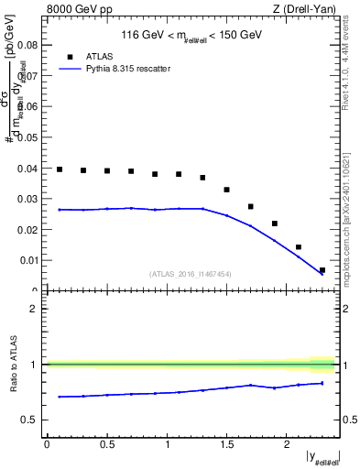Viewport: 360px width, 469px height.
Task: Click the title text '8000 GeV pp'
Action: tap(71, 9)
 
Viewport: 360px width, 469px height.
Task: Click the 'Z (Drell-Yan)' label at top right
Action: tap(309, 9)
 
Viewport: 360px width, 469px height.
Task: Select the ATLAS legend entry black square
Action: tap(69, 55)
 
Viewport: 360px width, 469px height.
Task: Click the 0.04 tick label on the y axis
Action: tap(28, 168)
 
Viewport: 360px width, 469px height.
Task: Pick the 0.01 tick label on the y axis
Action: tap(28, 260)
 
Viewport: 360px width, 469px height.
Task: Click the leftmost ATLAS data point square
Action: tap(60, 169)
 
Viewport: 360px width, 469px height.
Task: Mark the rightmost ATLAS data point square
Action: tap(322, 270)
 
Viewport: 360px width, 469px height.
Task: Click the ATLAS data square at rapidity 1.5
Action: tap(227, 190)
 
